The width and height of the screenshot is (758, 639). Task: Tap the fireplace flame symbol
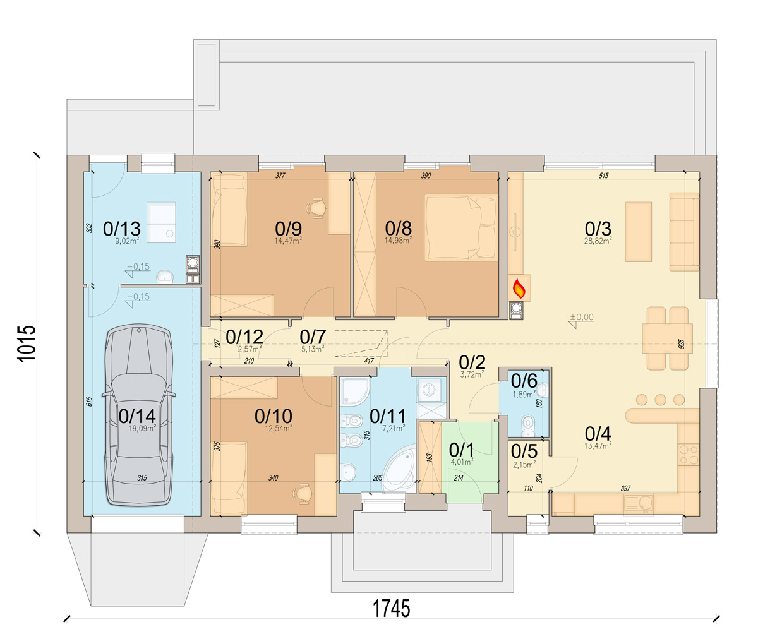[x=519, y=289]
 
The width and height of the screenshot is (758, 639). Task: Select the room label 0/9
[x=289, y=228]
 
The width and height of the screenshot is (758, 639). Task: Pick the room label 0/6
[x=524, y=381]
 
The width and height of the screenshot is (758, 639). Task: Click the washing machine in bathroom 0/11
[x=431, y=388]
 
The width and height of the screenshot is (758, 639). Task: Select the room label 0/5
[x=524, y=452]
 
